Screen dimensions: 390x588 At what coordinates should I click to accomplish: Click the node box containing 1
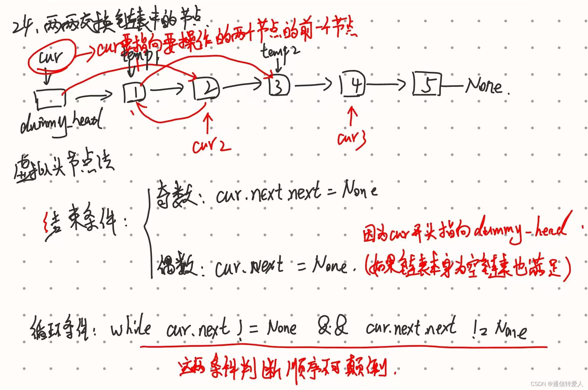[134, 93]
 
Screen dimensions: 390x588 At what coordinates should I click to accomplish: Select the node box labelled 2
[206, 88]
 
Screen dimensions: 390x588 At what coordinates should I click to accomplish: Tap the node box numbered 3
[279, 85]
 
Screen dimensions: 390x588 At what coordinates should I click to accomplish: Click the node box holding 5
[427, 84]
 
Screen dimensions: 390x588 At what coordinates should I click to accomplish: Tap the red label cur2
[211, 145]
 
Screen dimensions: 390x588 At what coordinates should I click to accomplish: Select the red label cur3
[352, 140]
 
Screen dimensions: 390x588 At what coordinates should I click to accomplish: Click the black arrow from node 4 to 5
[386, 84]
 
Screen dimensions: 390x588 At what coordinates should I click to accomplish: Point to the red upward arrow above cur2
[208, 123]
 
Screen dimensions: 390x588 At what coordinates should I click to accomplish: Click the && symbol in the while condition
[333, 326]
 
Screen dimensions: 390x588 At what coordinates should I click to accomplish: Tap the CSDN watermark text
[556, 384]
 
